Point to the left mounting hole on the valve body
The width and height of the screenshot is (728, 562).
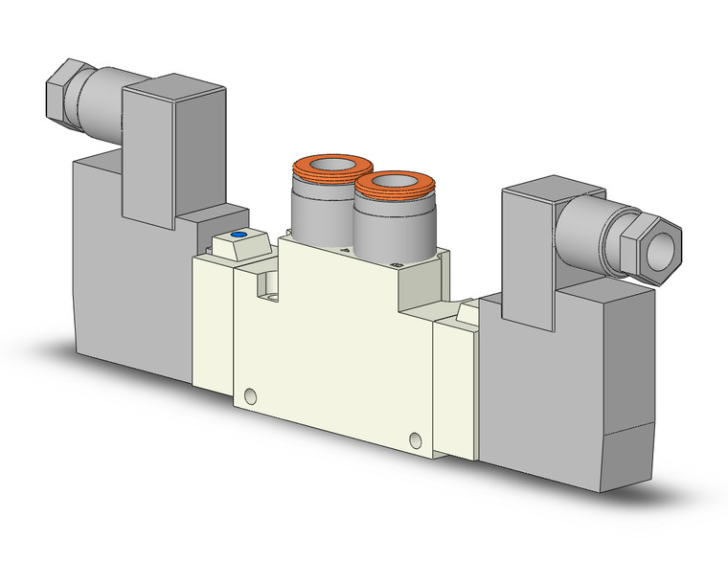pos(250,394)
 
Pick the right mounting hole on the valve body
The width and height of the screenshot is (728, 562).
pos(415,439)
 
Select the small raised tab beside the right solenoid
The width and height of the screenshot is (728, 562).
pos(469,311)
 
